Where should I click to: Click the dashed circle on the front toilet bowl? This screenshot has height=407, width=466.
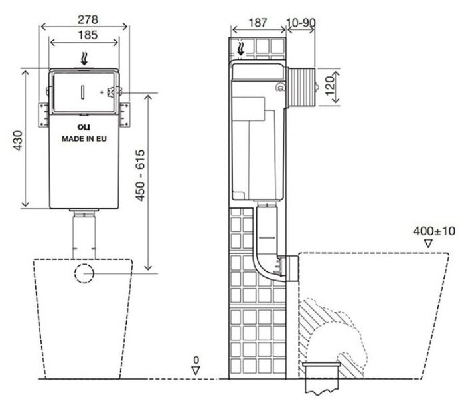[84, 273]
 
